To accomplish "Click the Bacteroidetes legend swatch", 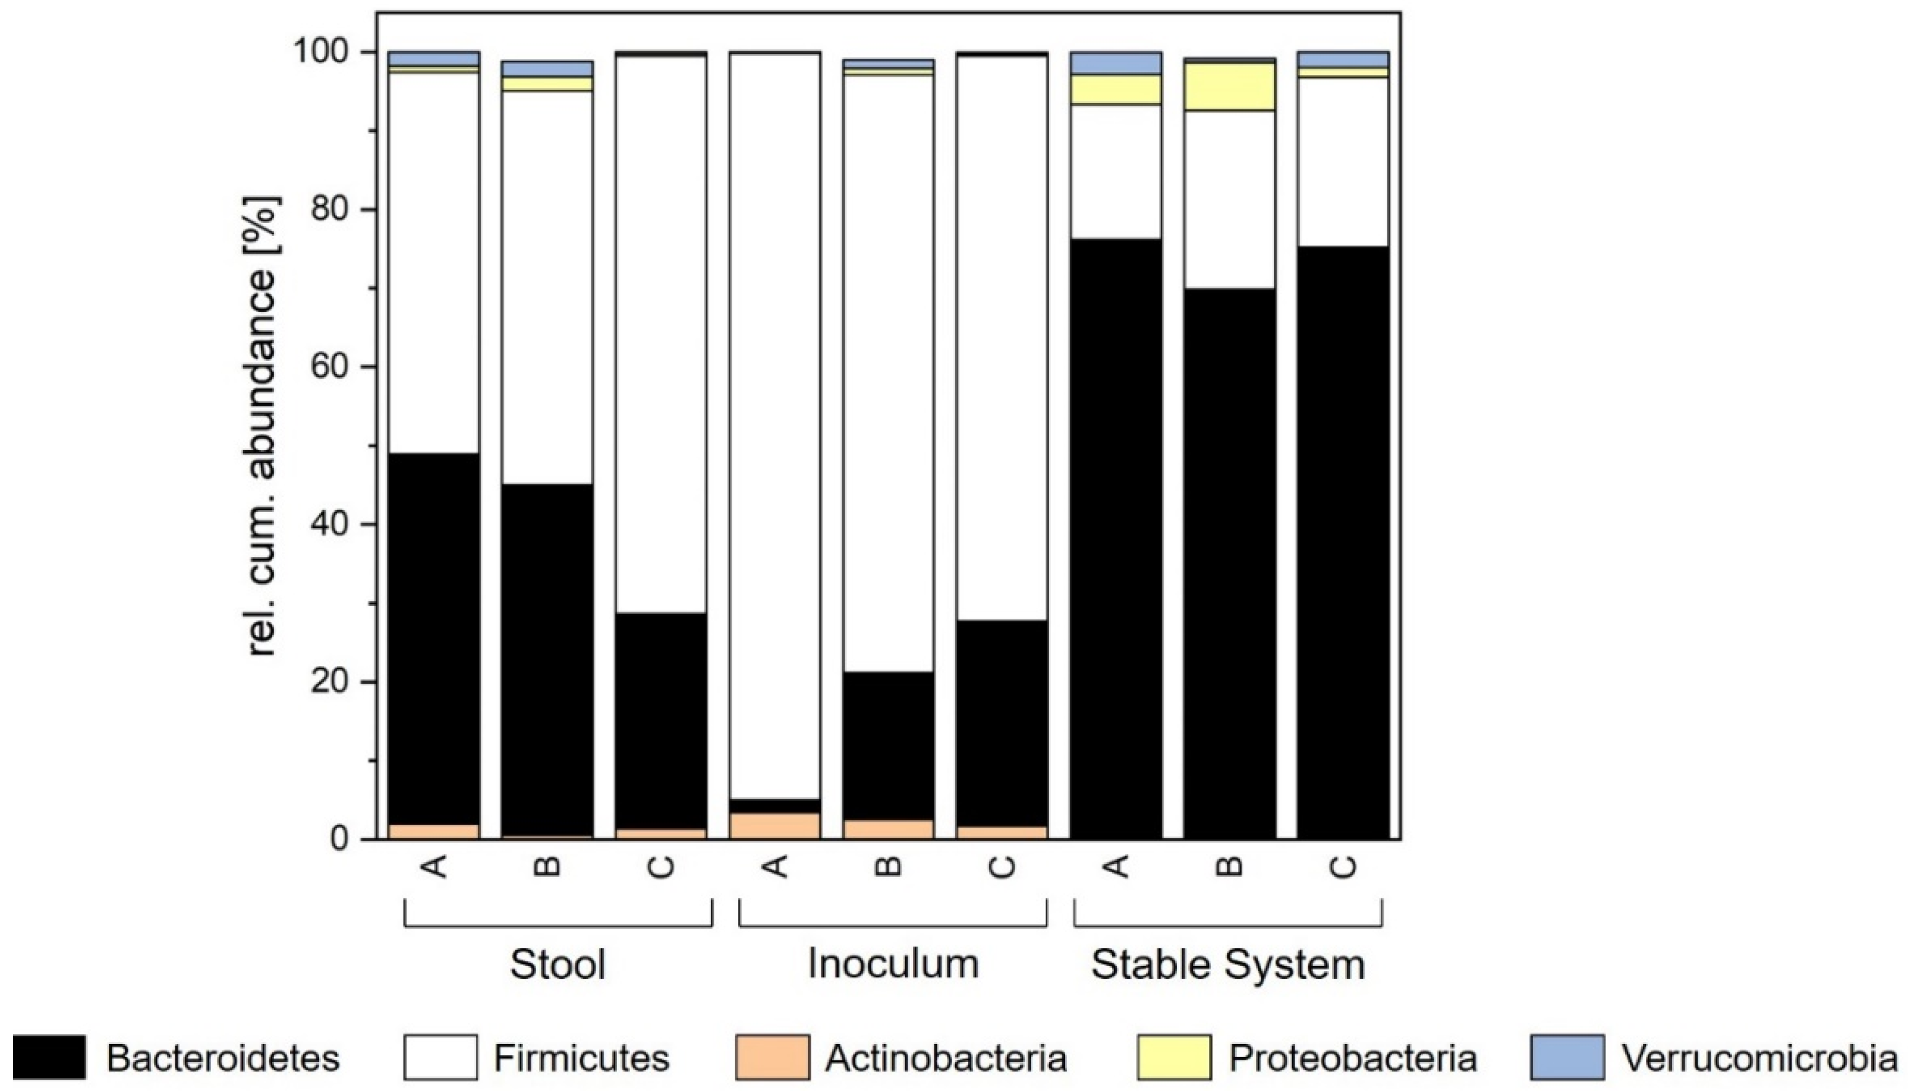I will [49, 1057].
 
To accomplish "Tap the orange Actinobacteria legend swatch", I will [772, 1057].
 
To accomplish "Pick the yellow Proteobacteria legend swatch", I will [1173, 1057].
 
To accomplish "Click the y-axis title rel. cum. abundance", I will [264, 427].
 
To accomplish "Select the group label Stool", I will [558, 964].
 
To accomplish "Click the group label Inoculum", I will [893, 964].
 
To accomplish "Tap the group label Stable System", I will [1228, 964].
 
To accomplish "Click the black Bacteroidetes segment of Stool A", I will [434, 637].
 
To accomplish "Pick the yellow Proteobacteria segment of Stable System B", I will [1229, 86].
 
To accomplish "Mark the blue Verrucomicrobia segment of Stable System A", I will [1116, 63].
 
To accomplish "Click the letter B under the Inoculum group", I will [889, 867].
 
